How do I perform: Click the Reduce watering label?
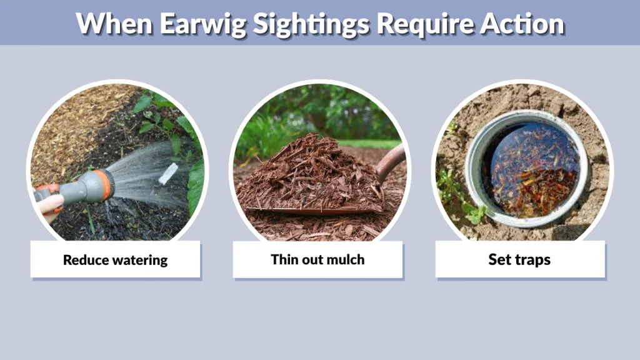click(x=116, y=259)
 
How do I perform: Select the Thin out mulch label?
click(x=317, y=259)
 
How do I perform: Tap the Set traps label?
click(x=520, y=259)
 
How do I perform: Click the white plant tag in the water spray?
click(x=168, y=174)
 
